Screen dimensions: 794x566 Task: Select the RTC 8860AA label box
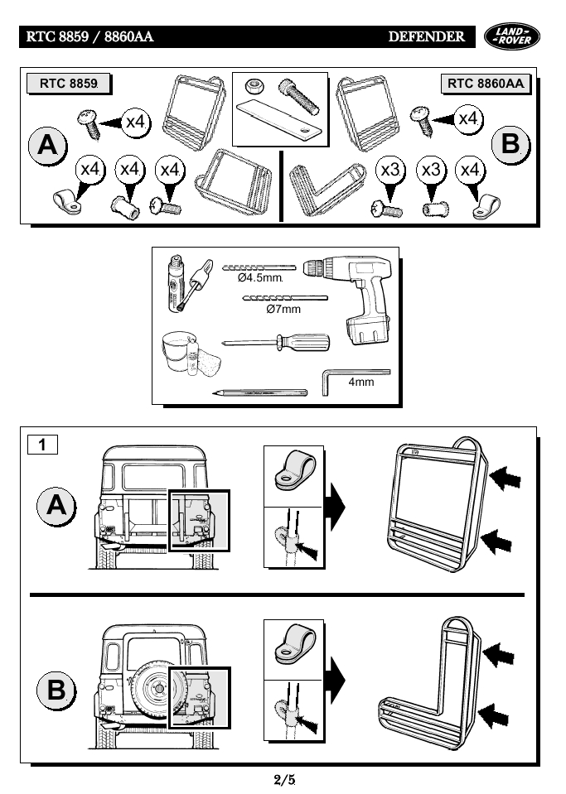tap(486, 84)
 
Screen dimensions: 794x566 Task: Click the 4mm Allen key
tap(352, 378)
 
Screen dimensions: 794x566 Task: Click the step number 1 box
tap(42, 445)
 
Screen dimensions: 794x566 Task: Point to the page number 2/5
tap(283, 778)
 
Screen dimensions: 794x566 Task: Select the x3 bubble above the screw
tap(390, 170)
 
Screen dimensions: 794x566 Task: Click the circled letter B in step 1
tap(56, 689)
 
